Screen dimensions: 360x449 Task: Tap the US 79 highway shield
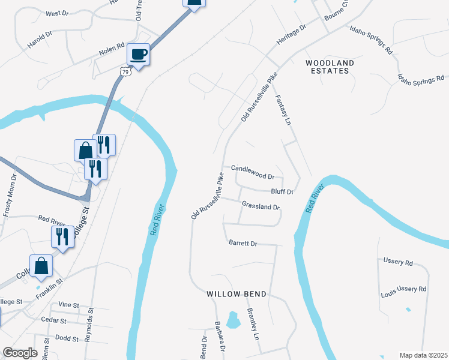point(125,71)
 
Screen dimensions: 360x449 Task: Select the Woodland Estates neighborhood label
point(330,67)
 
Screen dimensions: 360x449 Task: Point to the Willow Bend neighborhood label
point(236,294)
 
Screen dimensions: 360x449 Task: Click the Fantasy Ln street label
point(282,110)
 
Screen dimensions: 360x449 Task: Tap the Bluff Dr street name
point(282,192)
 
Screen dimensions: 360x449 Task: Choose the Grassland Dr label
point(261,206)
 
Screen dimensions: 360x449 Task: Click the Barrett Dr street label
point(243,244)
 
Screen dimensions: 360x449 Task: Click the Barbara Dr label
point(220,337)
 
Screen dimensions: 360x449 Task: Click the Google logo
point(20,353)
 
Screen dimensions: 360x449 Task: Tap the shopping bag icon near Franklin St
point(41,266)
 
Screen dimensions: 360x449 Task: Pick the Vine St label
point(69,305)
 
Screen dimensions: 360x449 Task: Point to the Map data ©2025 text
point(423,355)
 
